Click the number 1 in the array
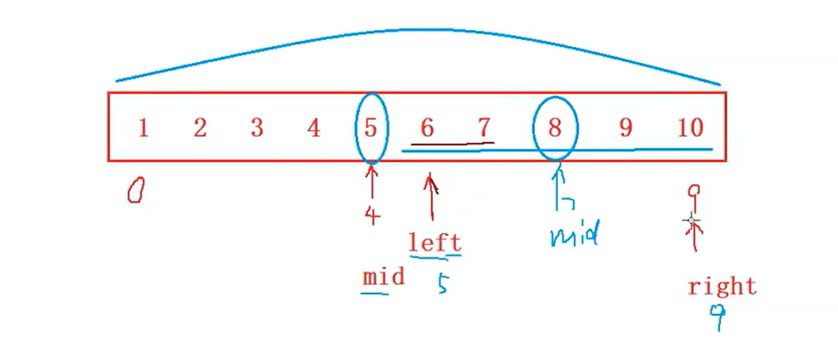pos(143,128)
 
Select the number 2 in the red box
pos(200,128)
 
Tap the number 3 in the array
pos(256,128)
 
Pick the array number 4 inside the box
pos(313,128)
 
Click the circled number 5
pos(371,128)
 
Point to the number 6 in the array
pos(427,128)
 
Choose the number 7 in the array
pos(484,128)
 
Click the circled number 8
pos(555,128)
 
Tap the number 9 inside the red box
pos(626,128)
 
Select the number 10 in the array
pos(690,128)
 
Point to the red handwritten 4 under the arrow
pos(372,215)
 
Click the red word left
pos(435,242)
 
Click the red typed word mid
pos(384,277)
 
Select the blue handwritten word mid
pos(575,236)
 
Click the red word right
pos(722,286)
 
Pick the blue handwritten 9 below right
pos(717,317)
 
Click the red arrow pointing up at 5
pos(372,183)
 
